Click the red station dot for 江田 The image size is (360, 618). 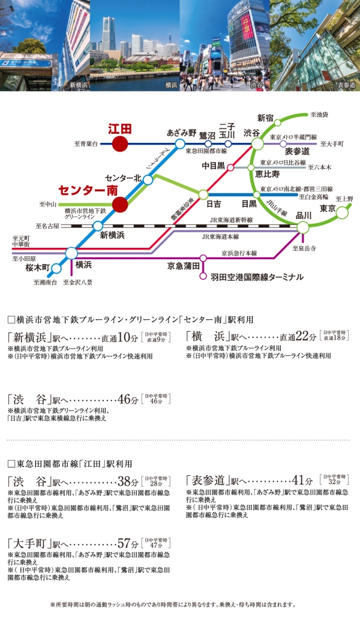coord(120,144)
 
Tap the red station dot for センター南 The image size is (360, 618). coord(120,204)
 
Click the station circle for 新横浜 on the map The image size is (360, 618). coord(98,226)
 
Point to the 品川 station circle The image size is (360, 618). coord(303,227)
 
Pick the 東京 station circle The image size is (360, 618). coord(342,211)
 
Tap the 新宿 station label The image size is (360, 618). coord(265,117)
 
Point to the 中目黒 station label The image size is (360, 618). coord(212,165)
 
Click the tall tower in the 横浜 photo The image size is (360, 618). coord(108,33)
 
